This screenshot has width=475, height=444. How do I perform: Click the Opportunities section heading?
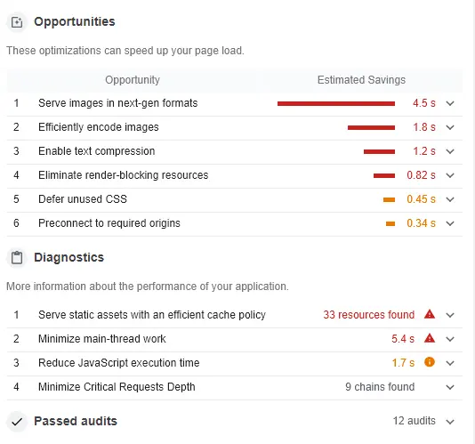74,21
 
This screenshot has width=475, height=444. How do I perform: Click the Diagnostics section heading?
68,257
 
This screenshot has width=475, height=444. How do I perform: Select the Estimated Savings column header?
361,80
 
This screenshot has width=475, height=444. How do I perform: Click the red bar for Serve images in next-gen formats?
335,103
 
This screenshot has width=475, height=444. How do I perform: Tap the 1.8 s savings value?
423,127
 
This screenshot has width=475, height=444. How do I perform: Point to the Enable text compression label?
96,151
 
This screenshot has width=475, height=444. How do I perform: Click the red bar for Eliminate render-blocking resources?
383,175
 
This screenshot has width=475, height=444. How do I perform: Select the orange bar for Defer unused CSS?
389,199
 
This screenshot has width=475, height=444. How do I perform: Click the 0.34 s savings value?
421,223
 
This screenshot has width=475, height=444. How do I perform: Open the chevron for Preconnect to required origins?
450,223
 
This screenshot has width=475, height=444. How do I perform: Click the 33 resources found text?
368,315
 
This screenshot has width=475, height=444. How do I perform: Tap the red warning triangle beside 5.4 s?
430,339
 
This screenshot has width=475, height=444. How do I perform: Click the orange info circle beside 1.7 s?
430,363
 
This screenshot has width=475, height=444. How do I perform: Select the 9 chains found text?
380,387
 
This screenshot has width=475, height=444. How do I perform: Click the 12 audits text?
414,421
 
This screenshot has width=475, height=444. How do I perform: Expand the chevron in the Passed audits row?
450,421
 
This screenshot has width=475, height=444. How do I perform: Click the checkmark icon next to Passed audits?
16,421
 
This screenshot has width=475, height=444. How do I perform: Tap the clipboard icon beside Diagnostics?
16,258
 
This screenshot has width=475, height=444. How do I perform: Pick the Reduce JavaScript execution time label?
118,363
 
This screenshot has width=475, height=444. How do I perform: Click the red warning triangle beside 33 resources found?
430,315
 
